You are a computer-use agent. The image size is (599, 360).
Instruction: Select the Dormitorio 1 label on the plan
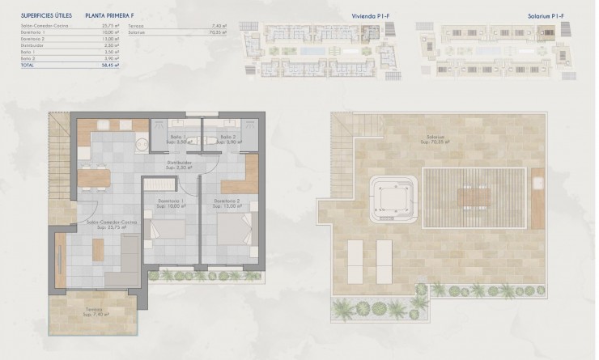(171, 202)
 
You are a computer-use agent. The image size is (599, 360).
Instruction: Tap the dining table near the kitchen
(96, 176)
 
